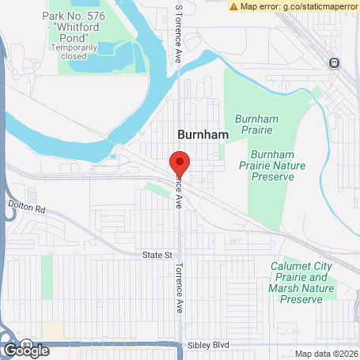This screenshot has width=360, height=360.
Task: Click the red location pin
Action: point(180,162)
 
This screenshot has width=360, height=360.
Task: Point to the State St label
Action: point(157,256)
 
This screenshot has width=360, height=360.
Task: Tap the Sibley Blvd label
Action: point(207,347)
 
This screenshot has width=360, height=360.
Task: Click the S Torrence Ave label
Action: point(179,36)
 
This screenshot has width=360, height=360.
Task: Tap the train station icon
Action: point(335,63)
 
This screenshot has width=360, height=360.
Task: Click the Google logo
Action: point(25,351)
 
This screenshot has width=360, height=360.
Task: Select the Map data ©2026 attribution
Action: point(327,354)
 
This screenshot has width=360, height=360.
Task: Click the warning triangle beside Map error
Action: point(234,6)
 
